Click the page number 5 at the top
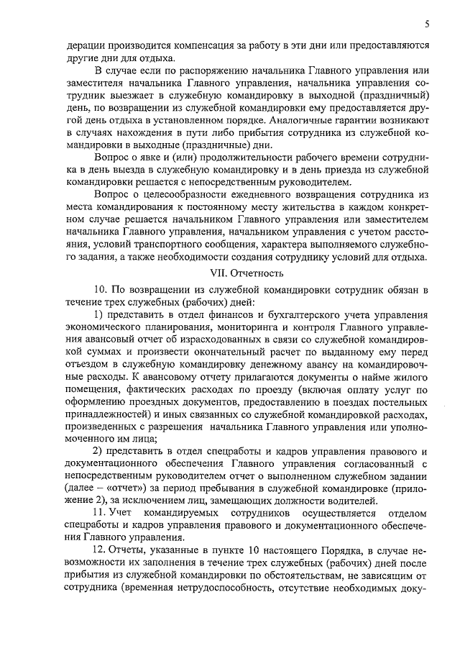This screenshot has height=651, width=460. coord(427,24)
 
